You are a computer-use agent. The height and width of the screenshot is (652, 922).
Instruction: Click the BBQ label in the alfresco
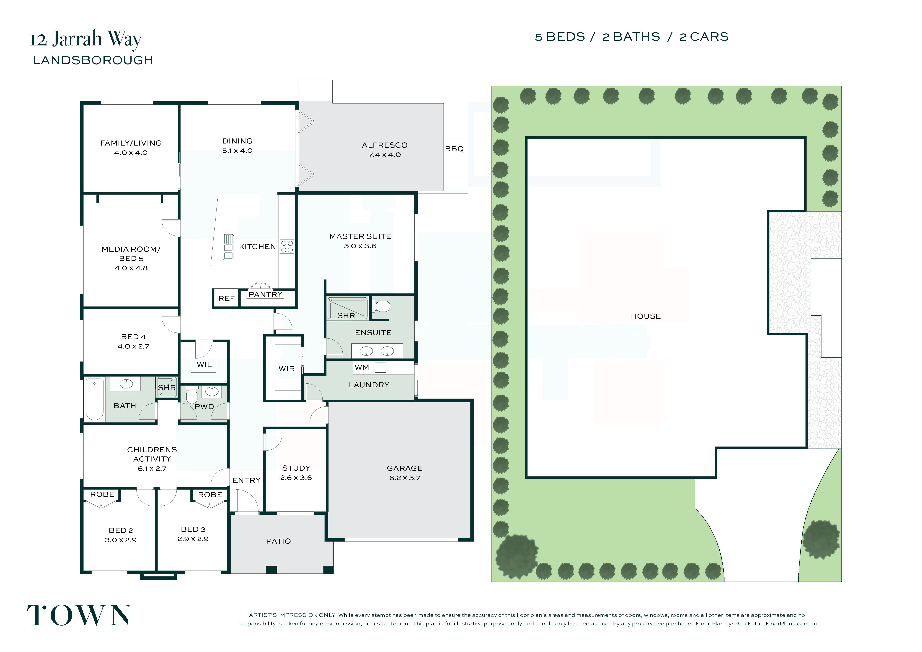pyautogui.click(x=454, y=149)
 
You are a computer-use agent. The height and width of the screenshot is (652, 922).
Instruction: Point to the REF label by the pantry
pyautogui.click(x=226, y=298)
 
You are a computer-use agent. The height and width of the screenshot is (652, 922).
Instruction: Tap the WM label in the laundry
pyautogui.click(x=362, y=368)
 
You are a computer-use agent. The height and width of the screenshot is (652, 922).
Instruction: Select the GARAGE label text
pyautogui.click(x=405, y=468)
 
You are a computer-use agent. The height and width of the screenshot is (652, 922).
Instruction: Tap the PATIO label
pyautogui.click(x=278, y=541)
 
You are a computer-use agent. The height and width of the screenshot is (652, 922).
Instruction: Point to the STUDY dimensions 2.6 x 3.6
pyautogui.click(x=296, y=478)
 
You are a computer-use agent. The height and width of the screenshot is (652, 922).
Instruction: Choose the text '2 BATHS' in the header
pyautogui.click(x=631, y=37)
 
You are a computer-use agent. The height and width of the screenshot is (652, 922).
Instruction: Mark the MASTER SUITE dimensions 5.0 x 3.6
pyautogui.click(x=360, y=246)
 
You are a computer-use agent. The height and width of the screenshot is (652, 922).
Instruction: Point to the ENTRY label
pyautogui.click(x=247, y=480)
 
